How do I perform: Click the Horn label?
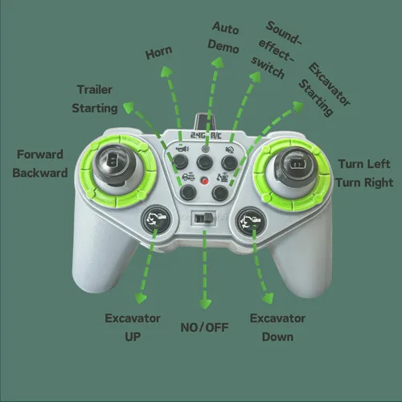click(158, 52)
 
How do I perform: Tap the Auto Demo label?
click(224, 38)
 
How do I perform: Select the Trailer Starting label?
click(95, 99)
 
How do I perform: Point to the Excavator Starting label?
click(324, 89)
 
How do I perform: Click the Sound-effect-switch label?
click(276, 50)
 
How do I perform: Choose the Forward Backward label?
click(40, 163)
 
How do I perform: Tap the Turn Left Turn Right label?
click(364, 173)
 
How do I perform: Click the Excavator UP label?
click(133, 327)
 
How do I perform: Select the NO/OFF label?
click(204, 327)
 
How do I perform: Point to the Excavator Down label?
click(277, 327)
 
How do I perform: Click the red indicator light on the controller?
click(205, 181)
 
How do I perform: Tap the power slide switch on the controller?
click(203, 219)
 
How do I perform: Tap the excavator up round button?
click(156, 220)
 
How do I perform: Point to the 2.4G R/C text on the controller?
click(206, 135)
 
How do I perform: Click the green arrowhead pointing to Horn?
click(166, 72)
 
